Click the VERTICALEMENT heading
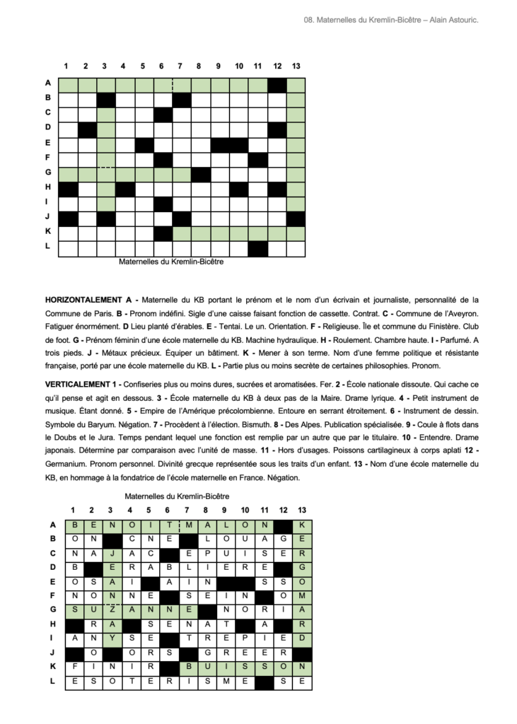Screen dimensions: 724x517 click(x=78, y=383)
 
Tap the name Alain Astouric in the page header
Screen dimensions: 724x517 click(x=455, y=21)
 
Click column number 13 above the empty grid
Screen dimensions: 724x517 click(x=296, y=66)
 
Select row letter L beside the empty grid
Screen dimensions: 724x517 click(x=47, y=245)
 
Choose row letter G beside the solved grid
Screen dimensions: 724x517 click(x=52, y=609)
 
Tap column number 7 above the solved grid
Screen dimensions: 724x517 click(x=186, y=509)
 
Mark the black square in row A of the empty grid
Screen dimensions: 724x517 click(x=277, y=85)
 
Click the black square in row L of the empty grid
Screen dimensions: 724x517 click(x=257, y=248)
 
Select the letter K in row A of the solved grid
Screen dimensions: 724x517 click(x=302, y=525)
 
